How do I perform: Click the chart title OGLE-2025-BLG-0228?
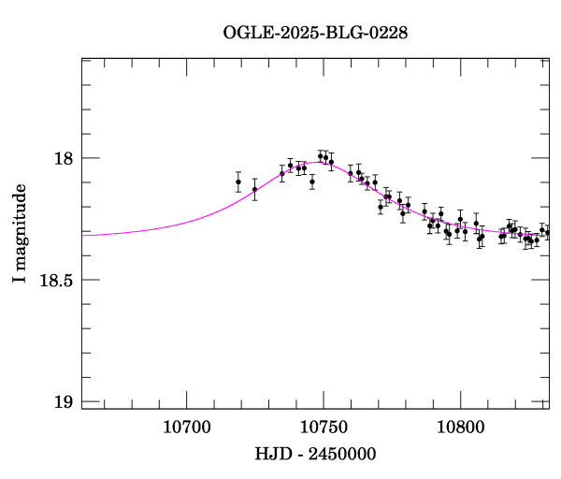point(315,33)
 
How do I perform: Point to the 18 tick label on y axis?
point(65,158)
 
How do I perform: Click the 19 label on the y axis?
point(65,402)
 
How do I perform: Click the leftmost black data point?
point(238,181)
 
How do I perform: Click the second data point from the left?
point(254,189)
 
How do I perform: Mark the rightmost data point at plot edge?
point(547,232)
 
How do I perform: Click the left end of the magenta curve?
point(83,235)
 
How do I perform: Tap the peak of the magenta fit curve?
point(320,163)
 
